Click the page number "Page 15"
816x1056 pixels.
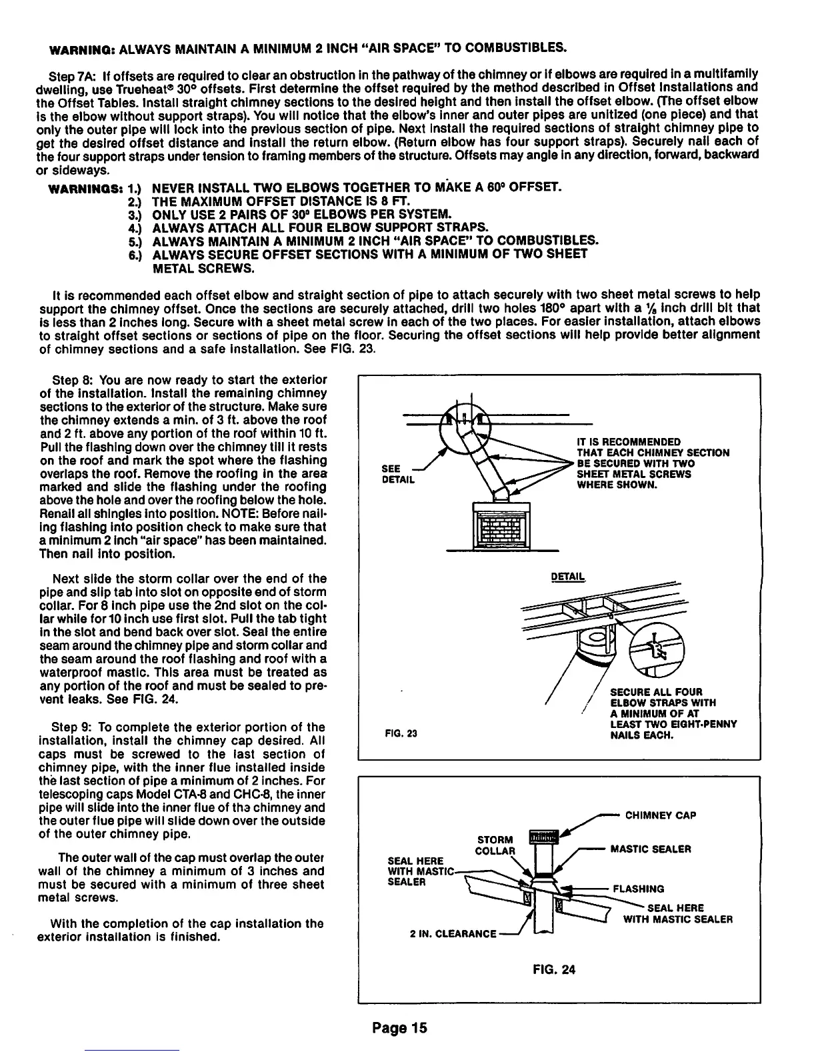(399, 1027)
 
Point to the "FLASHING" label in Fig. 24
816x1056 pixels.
(638, 888)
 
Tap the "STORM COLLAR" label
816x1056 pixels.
(495, 845)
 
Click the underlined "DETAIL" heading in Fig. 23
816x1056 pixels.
(567, 577)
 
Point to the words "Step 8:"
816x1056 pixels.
(73, 381)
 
